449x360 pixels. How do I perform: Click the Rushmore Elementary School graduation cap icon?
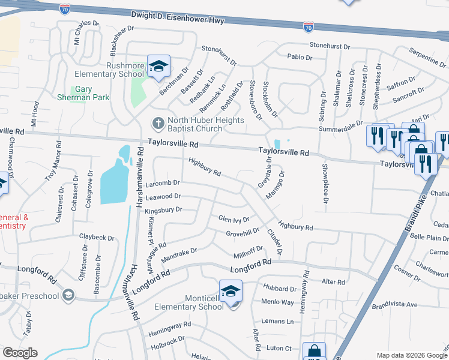click(158, 66)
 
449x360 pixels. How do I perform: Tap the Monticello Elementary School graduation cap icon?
click(231, 291)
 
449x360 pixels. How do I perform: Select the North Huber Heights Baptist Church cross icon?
click(157, 123)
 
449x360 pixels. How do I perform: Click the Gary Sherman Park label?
click(83, 93)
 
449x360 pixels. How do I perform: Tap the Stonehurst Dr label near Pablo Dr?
click(329, 46)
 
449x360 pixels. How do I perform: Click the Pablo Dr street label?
click(300, 58)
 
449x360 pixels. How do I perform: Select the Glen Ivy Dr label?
click(234, 219)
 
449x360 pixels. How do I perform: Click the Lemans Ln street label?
click(281, 322)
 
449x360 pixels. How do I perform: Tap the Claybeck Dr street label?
click(97, 238)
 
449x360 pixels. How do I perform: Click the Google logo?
click(20, 353)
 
